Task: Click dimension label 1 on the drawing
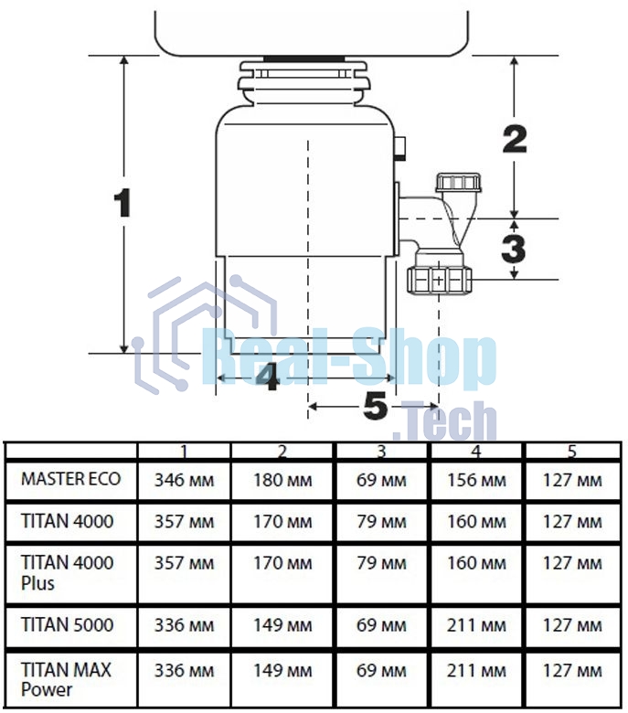(x=122, y=203)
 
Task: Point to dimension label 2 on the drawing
(x=515, y=139)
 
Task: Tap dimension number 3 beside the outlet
(x=514, y=249)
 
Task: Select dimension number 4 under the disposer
(x=269, y=378)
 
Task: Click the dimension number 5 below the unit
(x=376, y=406)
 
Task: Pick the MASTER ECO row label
(x=71, y=479)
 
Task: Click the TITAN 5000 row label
(x=68, y=624)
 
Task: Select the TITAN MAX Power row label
(x=66, y=680)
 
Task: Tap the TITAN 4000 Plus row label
(x=68, y=573)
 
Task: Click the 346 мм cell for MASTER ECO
(x=184, y=480)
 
